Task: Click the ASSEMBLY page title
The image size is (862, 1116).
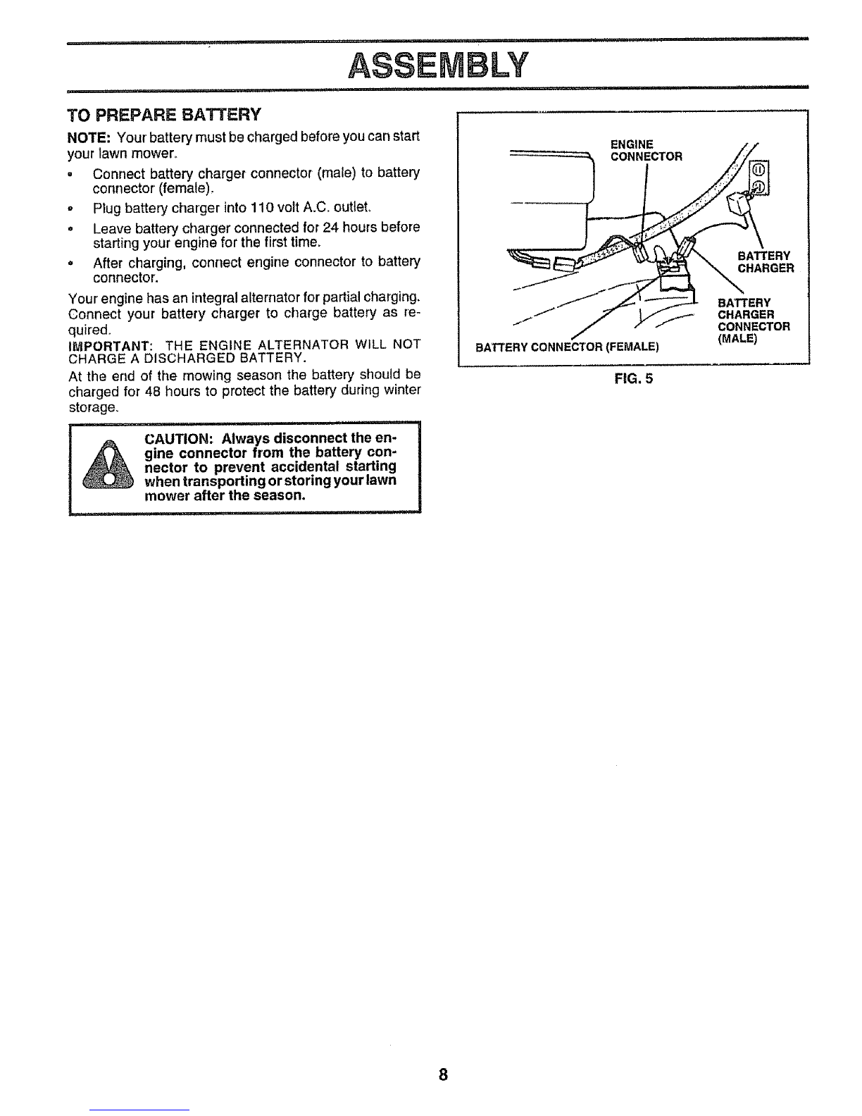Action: click(x=437, y=66)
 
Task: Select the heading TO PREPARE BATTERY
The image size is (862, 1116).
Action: click(x=164, y=115)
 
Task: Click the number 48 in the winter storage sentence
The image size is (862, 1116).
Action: click(x=154, y=391)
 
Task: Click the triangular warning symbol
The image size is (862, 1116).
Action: click(x=108, y=464)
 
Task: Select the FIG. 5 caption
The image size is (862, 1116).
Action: click(x=634, y=379)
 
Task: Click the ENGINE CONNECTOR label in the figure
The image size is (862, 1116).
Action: click(x=646, y=151)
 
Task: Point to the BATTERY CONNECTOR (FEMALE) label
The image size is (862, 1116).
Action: click(x=567, y=347)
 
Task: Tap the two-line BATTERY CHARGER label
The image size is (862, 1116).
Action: click(x=766, y=262)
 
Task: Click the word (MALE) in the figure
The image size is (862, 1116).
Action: click(x=737, y=338)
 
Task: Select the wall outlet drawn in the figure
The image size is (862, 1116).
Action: click(x=759, y=178)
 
